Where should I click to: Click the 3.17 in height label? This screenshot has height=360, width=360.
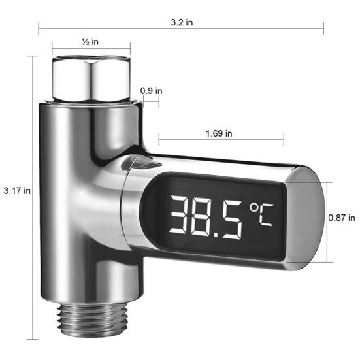(16, 191)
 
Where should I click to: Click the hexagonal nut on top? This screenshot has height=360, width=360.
(92, 77)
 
